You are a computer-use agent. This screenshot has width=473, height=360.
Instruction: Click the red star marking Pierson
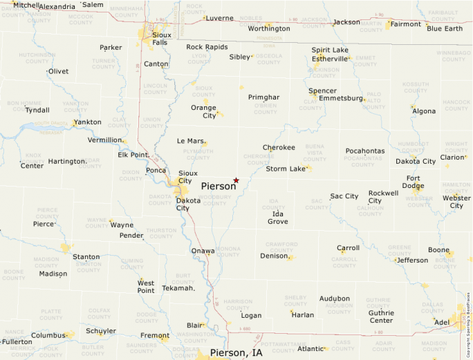click(x=236, y=180)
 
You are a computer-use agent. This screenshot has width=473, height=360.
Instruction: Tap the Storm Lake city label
click(x=286, y=169)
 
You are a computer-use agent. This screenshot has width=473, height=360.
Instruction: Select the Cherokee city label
click(x=279, y=147)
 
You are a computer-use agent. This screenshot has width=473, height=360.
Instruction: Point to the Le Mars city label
click(x=191, y=141)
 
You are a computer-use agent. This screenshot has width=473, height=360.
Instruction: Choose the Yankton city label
click(x=87, y=122)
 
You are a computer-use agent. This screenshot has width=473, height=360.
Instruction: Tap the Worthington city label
click(x=269, y=28)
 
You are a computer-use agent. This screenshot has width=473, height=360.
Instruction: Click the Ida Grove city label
click(x=277, y=218)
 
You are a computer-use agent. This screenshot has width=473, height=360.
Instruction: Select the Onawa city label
click(x=203, y=251)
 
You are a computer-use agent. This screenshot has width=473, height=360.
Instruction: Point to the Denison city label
click(x=273, y=256)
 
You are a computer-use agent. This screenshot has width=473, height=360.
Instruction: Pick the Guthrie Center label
click(x=381, y=316)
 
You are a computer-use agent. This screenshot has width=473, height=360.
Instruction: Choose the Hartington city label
click(x=66, y=162)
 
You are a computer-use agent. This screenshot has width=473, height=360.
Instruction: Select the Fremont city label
click(x=154, y=337)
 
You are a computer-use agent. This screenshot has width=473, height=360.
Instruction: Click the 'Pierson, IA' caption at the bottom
click(x=236, y=352)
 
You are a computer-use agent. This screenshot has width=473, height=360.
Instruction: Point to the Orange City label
click(x=203, y=111)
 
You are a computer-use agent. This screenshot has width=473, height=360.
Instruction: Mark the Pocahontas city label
click(x=365, y=151)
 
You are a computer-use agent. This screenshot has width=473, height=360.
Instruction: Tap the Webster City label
click(x=456, y=202)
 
